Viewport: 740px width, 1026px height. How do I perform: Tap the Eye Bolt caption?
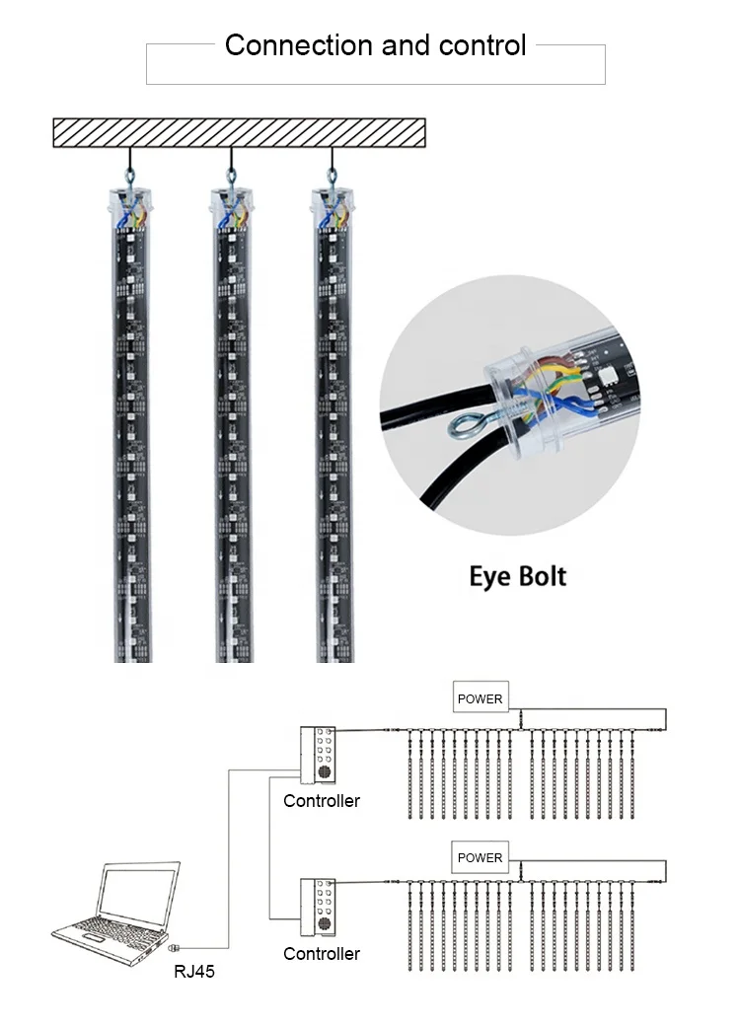click(x=518, y=575)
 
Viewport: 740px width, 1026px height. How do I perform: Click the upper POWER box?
click(x=481, y=698)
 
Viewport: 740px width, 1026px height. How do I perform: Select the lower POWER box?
click(x=481, y=857)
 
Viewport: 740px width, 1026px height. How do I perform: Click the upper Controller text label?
click(x=322, y=801)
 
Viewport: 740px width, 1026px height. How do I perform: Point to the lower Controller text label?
click(x=322, y=953)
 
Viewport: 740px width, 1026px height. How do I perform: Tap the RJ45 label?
click(x=194, y=972)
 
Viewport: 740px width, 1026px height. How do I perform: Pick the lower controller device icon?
click(x=320, y=907)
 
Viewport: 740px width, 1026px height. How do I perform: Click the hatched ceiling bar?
click(x=239, y=132)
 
